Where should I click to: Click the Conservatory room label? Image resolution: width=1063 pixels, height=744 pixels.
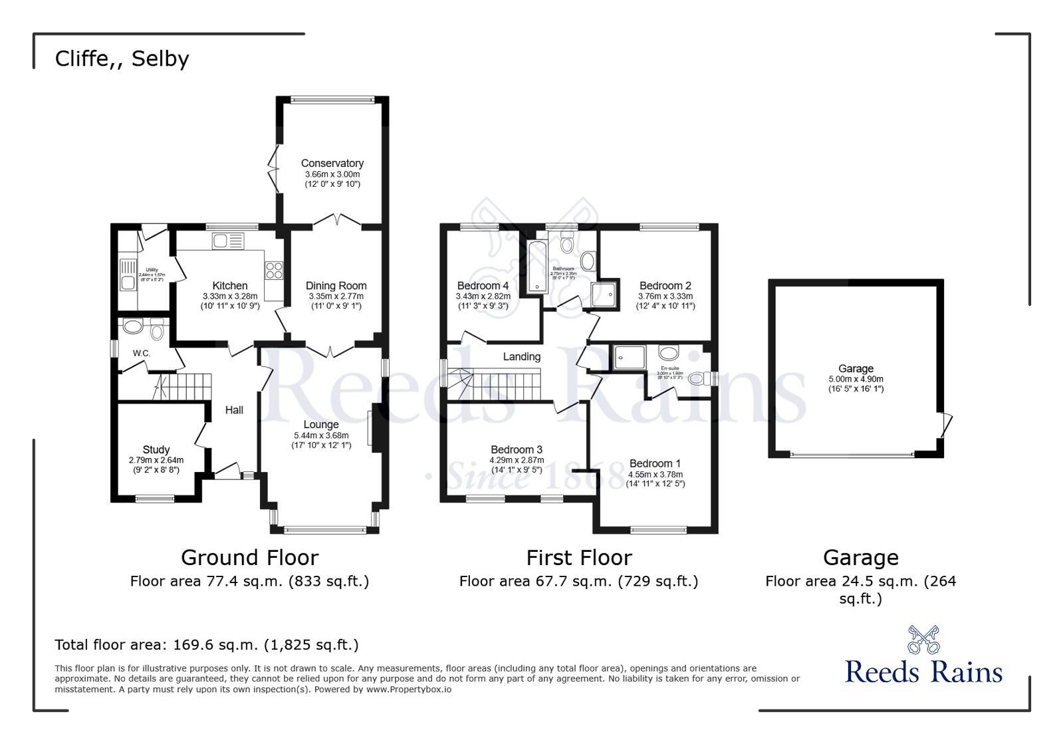point(332,163)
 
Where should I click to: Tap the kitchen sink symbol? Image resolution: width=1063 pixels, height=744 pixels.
point(227,241)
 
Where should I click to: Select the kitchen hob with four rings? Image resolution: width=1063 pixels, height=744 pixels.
point(275,270)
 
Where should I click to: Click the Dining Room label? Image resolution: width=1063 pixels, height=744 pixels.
point(336,286)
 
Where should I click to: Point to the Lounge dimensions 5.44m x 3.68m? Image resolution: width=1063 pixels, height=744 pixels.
point(321,435)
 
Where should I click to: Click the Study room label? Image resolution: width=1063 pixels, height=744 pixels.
point(156,449)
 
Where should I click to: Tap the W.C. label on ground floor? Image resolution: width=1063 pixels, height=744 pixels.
point(141,353)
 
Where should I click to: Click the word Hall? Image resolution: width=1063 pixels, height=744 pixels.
point(234,410)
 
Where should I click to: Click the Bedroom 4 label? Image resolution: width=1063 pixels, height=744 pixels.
point(483,286)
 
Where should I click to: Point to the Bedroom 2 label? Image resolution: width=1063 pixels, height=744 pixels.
point(665,286)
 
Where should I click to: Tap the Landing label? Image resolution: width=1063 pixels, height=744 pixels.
point(521,357)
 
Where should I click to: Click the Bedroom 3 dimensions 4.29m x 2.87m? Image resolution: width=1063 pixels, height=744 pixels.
point(517,460)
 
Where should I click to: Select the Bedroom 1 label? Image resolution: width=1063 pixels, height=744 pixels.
point(655,463)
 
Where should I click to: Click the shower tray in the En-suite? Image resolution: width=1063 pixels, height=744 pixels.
point(629,356)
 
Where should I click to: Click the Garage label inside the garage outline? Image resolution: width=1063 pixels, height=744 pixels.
point(856,368)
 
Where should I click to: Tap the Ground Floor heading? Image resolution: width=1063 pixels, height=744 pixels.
point(249,557)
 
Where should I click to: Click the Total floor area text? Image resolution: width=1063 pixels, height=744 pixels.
point(206,644)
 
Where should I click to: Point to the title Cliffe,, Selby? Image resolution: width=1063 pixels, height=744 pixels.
point(122,59)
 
